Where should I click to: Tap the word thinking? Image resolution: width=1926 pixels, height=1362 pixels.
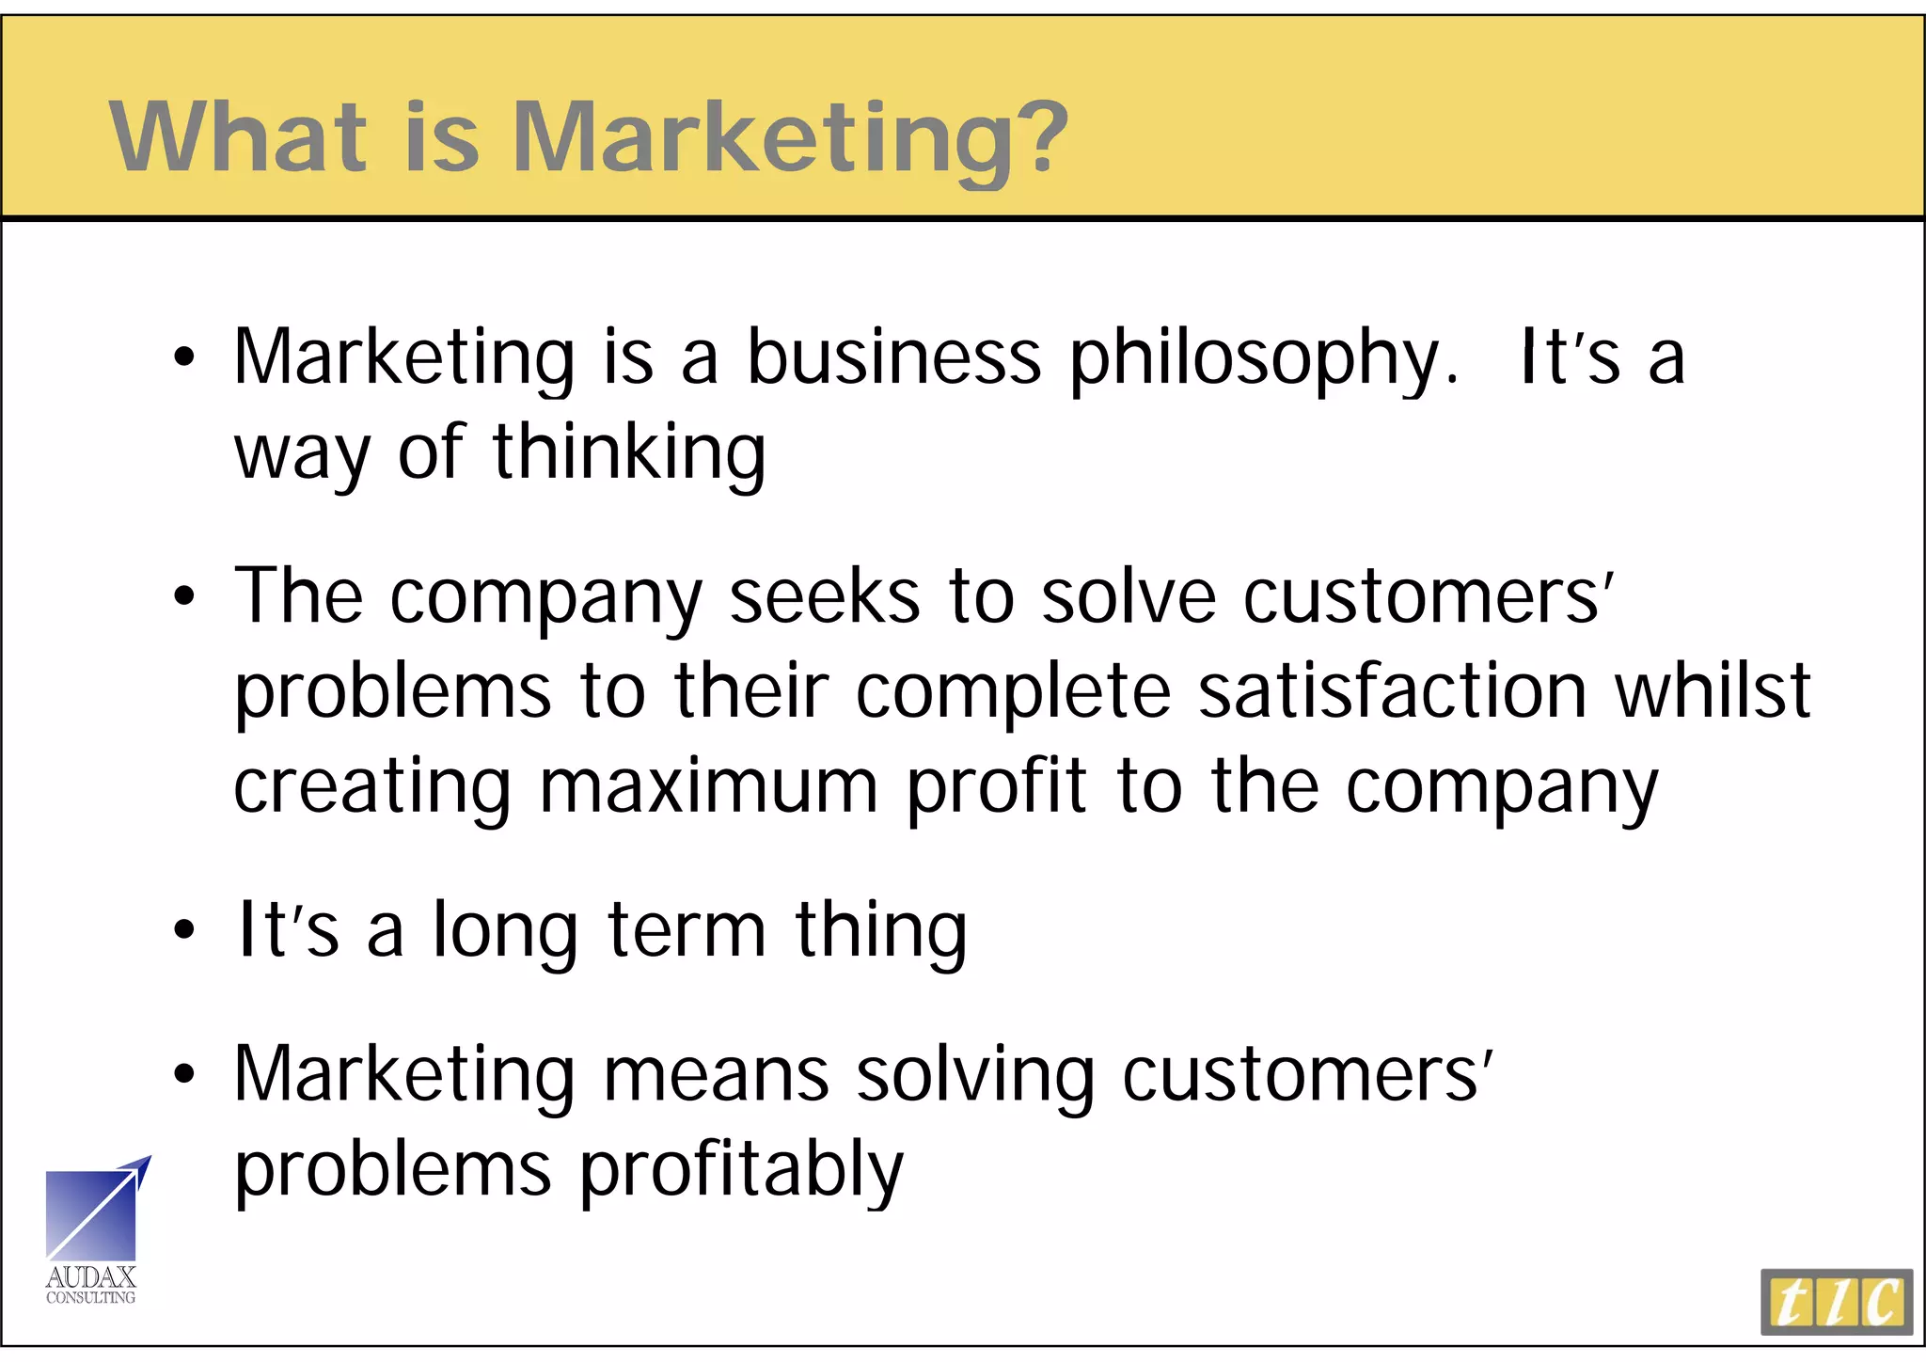coord(629,453)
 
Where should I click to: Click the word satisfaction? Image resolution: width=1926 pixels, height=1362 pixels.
coord(1393,691)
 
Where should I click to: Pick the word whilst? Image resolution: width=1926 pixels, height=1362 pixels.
coord(1712,691)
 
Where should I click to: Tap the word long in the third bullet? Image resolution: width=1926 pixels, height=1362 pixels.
coord(504,931)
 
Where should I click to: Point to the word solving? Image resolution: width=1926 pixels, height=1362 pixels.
coord(975,1074)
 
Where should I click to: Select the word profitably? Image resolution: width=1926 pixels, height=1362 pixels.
coord(741,1170)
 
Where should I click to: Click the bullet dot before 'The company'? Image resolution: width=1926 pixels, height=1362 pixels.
coord(184,596)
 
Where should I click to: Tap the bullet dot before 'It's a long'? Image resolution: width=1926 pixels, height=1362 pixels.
coord(184,931)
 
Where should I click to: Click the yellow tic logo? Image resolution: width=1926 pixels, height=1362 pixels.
coord(1837,1302)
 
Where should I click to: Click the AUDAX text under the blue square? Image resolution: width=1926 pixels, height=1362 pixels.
coord(91,1277)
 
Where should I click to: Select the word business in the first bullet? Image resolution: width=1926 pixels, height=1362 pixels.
coord(893,358)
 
